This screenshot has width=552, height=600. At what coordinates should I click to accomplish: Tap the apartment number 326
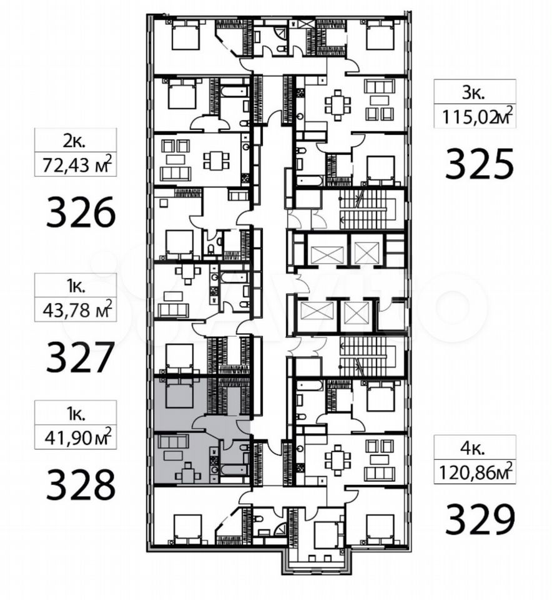click(81, 212)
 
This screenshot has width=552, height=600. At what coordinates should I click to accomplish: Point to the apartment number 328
click(81, 484)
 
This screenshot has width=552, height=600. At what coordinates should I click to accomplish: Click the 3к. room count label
click(474, 93)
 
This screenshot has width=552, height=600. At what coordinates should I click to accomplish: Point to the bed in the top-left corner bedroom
click(186, 35)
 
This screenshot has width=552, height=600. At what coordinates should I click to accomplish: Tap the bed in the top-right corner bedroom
click(380, 35)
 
